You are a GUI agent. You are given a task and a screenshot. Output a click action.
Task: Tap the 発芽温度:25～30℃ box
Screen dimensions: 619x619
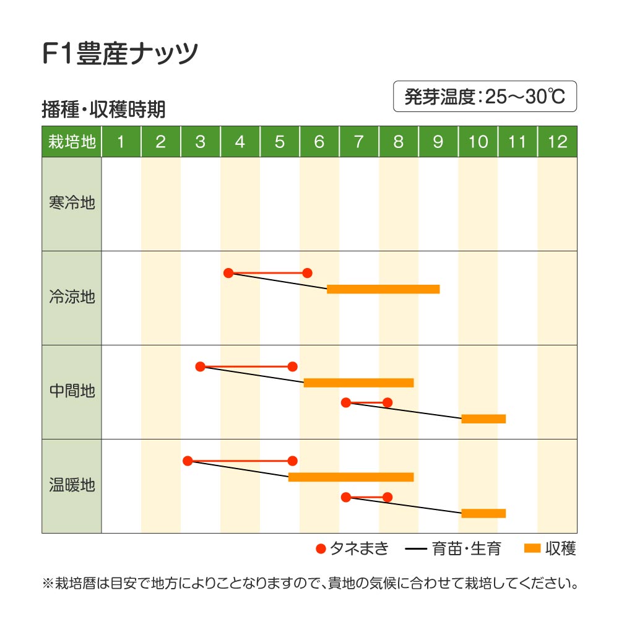pos(485,97)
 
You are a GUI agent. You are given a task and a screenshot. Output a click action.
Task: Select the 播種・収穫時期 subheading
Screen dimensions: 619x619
pos(103,110)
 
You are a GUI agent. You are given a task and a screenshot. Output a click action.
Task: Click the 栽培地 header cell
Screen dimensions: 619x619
pos(72,142)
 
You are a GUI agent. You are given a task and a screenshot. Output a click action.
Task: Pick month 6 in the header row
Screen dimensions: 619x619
pos(319,142)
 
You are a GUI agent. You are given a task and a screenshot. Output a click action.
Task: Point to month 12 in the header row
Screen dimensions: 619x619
pos(557,142)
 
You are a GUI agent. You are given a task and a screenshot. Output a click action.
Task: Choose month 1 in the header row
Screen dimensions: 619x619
pos(121,142)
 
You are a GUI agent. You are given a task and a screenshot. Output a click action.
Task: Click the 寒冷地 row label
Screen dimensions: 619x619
pos(72,203)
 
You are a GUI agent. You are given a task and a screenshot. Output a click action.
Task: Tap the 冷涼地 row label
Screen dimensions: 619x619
pos(72,297)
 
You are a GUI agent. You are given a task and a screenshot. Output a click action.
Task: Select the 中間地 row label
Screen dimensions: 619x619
pos(72,391)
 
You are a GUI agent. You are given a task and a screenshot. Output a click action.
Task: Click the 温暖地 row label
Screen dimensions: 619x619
pos(72,485)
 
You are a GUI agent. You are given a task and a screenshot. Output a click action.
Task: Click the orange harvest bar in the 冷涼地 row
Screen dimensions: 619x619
pos(383,289)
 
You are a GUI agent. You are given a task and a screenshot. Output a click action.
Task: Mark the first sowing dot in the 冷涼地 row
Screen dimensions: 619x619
pos(228,273)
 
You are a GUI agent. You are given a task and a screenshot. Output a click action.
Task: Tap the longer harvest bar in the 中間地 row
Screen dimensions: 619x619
pos(358,383)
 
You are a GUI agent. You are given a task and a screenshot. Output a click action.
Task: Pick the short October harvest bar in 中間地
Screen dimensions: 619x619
pos(483,419)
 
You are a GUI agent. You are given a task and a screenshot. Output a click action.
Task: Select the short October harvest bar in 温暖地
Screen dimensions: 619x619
pos(483,513)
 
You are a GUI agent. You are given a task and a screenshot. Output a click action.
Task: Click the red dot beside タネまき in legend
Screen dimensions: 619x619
pos(321,548)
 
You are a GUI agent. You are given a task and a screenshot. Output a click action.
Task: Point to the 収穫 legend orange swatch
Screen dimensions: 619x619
pos(532,548)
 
